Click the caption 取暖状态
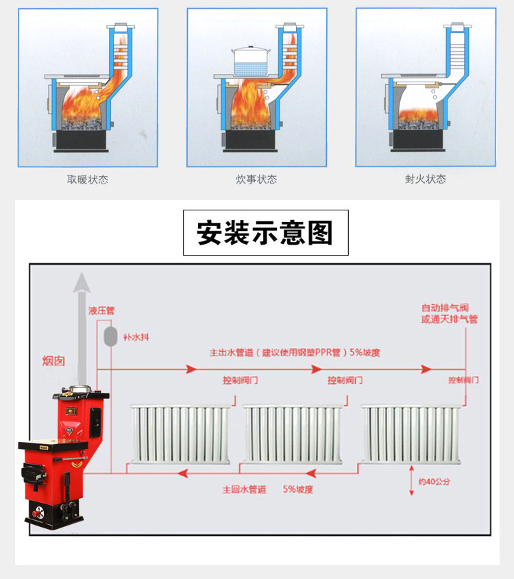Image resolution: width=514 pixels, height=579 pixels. (87, 180)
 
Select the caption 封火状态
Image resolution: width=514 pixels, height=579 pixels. (425, 180)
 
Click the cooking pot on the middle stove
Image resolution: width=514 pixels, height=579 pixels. (254, 62)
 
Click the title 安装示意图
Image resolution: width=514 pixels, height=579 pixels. (265, 233)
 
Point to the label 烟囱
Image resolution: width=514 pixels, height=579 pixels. (53, 360)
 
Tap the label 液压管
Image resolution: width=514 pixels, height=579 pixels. (101, 310)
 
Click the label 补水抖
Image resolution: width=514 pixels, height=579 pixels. (134, 337)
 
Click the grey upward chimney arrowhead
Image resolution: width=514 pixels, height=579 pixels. (82, 281)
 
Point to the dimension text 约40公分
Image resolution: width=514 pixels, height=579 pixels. (433, 482)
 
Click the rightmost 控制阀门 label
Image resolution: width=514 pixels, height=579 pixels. (464, 380)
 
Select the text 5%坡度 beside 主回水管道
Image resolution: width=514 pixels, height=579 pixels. (298, 490)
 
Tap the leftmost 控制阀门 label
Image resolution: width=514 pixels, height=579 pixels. (241, 380)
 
